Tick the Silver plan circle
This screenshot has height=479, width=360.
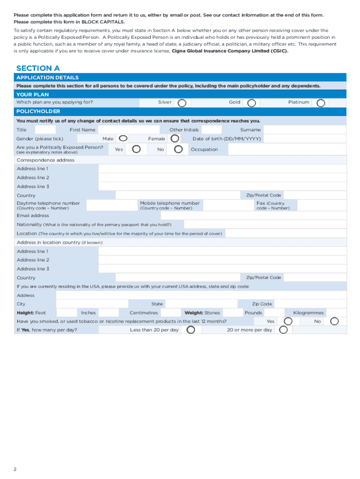(x=182, y=102)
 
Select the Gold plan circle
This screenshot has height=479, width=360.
(x=252, y=102)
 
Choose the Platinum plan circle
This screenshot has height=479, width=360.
(x=321, y=102)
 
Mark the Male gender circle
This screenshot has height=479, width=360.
(x=122, y=138)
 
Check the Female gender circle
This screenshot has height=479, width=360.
(x=174, y=138)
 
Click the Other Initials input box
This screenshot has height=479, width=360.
(x=212, y=130)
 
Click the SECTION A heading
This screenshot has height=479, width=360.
(x=38, y=68)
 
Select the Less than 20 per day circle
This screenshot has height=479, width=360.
(x=190, y=330)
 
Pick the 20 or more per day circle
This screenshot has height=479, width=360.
(x=283, y=330)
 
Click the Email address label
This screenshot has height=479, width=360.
(x=33, y=216)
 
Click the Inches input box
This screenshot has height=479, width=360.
(x=108, y=313)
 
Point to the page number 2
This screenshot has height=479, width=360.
(x=15, y=469)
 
